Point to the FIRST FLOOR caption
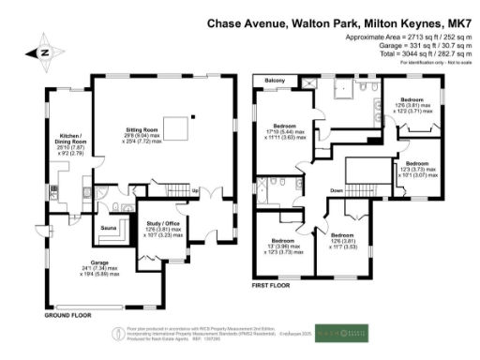272,283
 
